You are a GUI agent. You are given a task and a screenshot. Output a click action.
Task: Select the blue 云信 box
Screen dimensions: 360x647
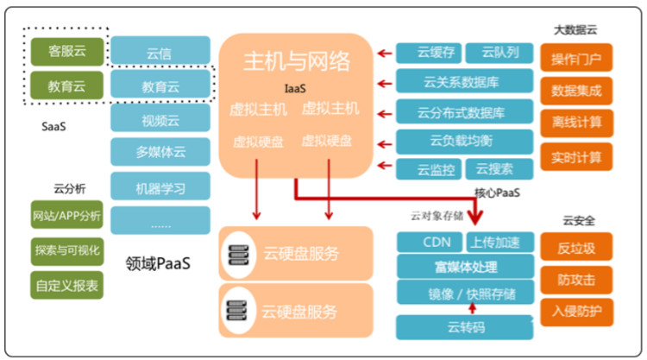tap(160, 51)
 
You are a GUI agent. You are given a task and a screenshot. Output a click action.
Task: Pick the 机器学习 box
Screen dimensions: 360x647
tap(160, 186)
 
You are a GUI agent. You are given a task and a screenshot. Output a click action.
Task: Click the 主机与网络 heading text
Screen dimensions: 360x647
tap(297, 61)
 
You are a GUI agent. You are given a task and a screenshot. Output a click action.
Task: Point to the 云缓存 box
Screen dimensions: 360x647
tap(429, 54)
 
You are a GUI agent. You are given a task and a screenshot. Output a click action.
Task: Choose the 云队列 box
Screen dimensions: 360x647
tap(499, 54)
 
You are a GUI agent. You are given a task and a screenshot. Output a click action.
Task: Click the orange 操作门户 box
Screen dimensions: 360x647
tap(576, 60)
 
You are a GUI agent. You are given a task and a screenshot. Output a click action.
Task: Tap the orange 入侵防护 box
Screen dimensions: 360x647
tap(576, 310)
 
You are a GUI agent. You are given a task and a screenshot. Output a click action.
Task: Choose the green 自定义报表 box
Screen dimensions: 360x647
tap(66, 282)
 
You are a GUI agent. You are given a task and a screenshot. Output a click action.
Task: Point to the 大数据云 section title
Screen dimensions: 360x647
tap(575, 29)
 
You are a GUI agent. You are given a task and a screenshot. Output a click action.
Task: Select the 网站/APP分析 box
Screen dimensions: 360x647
tap(66, 216)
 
